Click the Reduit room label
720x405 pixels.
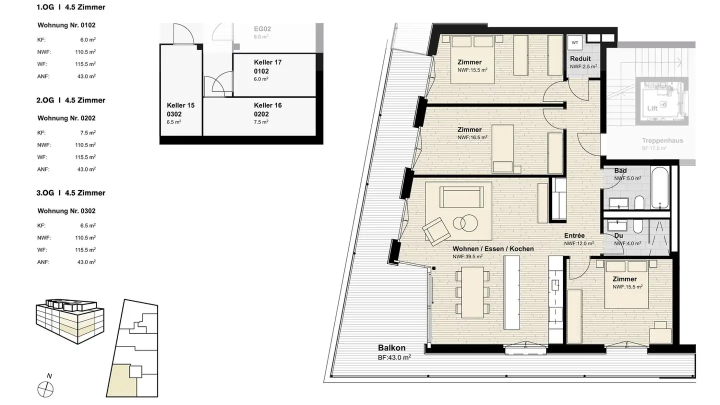580,58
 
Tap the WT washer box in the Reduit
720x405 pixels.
575,43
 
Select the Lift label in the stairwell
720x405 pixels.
652,108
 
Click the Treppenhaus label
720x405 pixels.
662,140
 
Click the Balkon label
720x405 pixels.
391,348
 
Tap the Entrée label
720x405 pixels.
574,235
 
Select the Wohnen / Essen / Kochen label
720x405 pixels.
493,248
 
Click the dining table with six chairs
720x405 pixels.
472,292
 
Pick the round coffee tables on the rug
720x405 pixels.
465,222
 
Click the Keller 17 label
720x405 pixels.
267,62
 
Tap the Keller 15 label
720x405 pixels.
180,105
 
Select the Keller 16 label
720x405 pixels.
267,105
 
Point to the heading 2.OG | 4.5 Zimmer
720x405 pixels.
70,100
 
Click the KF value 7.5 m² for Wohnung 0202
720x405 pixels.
88,133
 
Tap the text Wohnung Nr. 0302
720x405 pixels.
66,211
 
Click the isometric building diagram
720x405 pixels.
70,321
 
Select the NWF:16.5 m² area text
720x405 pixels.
472,137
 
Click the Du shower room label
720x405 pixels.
618,235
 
